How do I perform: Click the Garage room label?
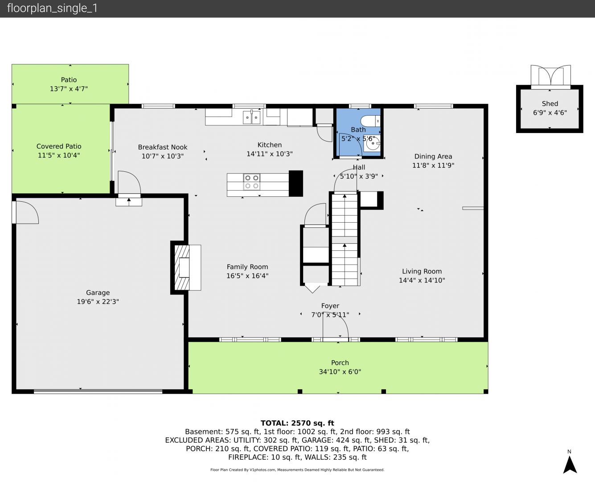[x=98, y=293]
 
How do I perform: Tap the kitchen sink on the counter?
[x=252, y=117]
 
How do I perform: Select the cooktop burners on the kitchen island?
[x=252, y=182]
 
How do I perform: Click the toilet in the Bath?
[x=370, y=121]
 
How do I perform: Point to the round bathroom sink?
[x=372, y=144]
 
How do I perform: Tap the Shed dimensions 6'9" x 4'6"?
[x=550, y=113]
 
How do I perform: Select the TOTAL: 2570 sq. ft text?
[x=297, y=423]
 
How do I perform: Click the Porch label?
[x=340, y=362]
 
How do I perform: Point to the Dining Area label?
[x=433, y=156]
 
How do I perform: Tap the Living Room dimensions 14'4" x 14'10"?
[x=422, y=280]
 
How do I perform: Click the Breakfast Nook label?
[x=163, y=147]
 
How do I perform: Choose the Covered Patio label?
[x=59, y=146]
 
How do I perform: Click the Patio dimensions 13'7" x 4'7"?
[x=69, y=89]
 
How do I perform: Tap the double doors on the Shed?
[x=550, y=76]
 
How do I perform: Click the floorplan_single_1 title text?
[x=52, y=8]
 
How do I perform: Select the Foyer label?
[x=330, y=306]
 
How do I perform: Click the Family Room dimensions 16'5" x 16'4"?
[x=247, y=276]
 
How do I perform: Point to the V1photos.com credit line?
[x=297, y=470]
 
